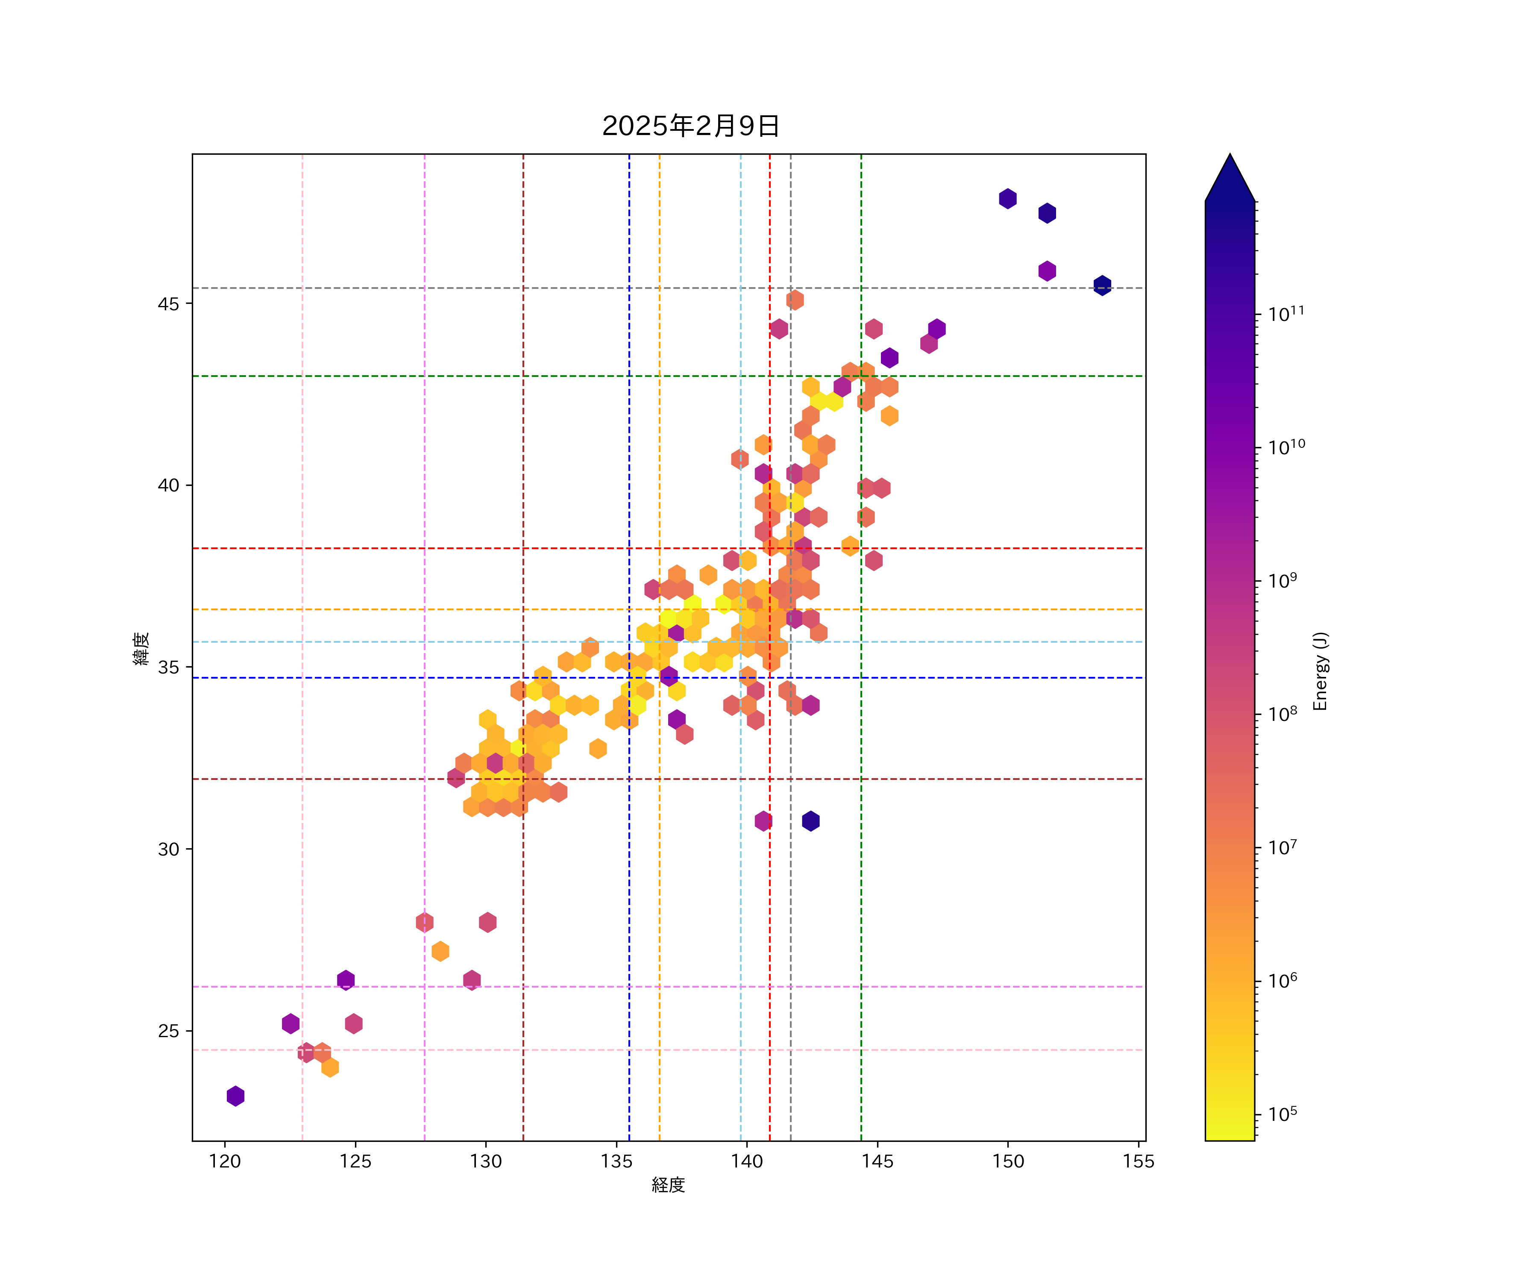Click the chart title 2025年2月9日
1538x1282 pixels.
coord(691,126)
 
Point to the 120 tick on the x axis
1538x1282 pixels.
coord(225,1161)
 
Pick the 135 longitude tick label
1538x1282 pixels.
coord(616,1161)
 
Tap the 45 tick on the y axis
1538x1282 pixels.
coord(168,303)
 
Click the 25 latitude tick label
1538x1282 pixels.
coord(168,1031)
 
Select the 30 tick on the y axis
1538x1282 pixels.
coord(168,849)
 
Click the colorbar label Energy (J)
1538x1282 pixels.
coord(1320,671)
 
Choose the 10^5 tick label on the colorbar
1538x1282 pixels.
coord(1283,1114)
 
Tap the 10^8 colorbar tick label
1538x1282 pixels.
coord(1283,714)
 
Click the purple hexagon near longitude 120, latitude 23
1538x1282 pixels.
coord(235,1096)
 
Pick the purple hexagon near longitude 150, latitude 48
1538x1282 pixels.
coord(1008,199)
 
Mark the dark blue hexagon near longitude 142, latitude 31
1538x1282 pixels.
coord(811,821)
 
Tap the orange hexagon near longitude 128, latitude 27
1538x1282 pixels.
coord(440,951)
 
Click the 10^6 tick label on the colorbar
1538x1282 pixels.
coord(1283,981)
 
